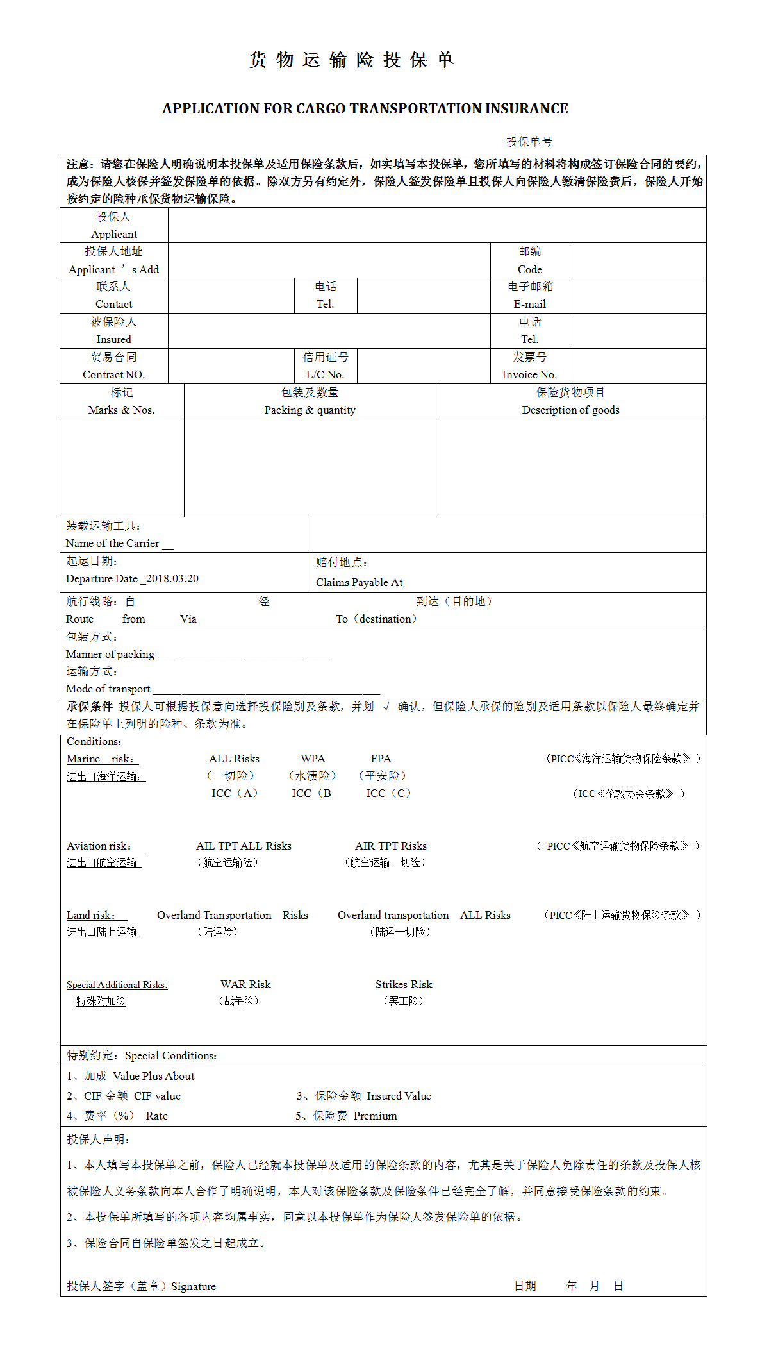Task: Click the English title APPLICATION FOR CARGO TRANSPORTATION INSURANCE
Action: (x=365, y=109)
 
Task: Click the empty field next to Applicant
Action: (x=436, y=225)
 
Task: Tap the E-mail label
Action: (x=530, y=304)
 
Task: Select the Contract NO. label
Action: (x=113, y=374)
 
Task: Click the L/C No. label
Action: (x=325, y=374)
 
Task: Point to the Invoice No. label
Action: (x=529, y=374)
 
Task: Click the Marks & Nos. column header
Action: (x=121, y=410)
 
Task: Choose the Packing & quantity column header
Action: (x=310, y=410)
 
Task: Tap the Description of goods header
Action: (x=570, y=410)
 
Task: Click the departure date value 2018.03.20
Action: (x=172, y=578)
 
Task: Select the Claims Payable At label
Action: (x=359, y=582)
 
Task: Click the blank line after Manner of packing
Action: (x=244, y=655)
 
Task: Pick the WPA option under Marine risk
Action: (x=313, y=759)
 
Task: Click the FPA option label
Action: (x=381, y=759)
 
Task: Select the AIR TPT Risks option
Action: (x=391, y=846)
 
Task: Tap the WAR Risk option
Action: (x=245, y=984)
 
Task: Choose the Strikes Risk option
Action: (x=404, y=984)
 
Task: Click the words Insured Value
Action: (x=399, y=1096)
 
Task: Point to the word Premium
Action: (x=375, y=1116)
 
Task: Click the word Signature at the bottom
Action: (x=194, y=1286)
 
